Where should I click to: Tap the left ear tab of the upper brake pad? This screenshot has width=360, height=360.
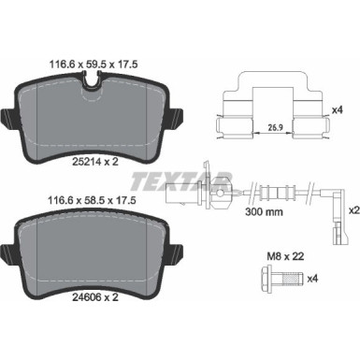(7, 119)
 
